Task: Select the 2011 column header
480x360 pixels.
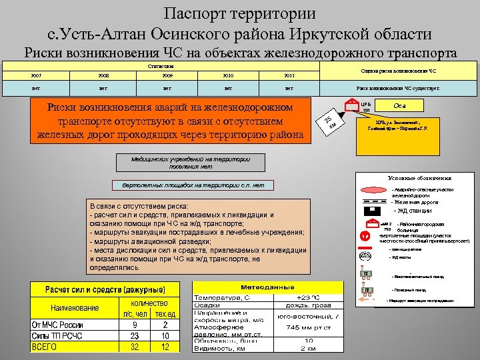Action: point(288,75)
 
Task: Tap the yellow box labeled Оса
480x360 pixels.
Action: point(401,105)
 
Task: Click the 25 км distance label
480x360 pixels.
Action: point(329,121)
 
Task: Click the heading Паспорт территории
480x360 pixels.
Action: point(240,13)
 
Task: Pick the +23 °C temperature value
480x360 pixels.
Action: point(308,297)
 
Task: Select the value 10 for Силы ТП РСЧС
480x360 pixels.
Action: point(165,336)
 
